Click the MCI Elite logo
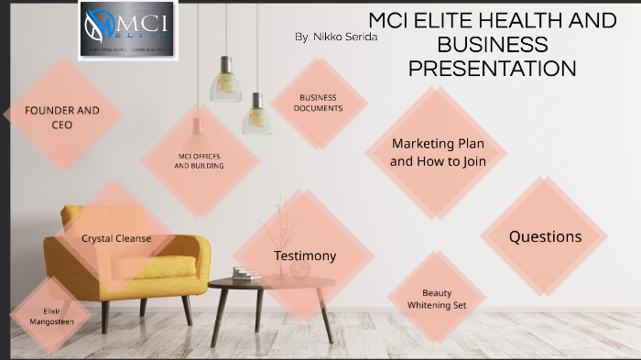(x=128, y=31)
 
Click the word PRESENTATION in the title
(x=492, y=68)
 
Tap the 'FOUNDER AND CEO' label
(x=61, y=117)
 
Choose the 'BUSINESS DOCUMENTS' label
(x=318, y=103)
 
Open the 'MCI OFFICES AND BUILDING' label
(x=199, y=161)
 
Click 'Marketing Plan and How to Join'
(x=437, y=152)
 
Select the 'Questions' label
(x=545, y=236)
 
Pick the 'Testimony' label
(x=305, y=256)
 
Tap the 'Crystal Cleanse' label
(x=116, y=238)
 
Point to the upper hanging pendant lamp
(x=225, y=81)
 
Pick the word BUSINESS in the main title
(x=492, y=44)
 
